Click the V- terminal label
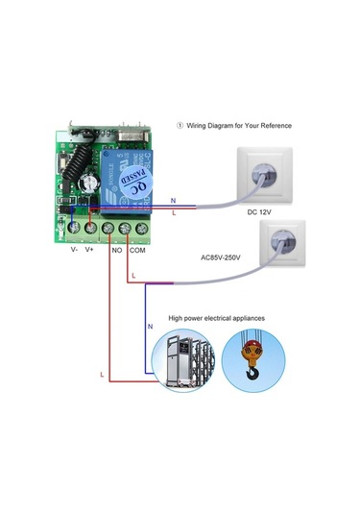point(75,249)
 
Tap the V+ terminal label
point(89,249)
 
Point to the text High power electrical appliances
point(217,317)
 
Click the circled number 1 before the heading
point(180,126)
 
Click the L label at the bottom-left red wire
point(100,371)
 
